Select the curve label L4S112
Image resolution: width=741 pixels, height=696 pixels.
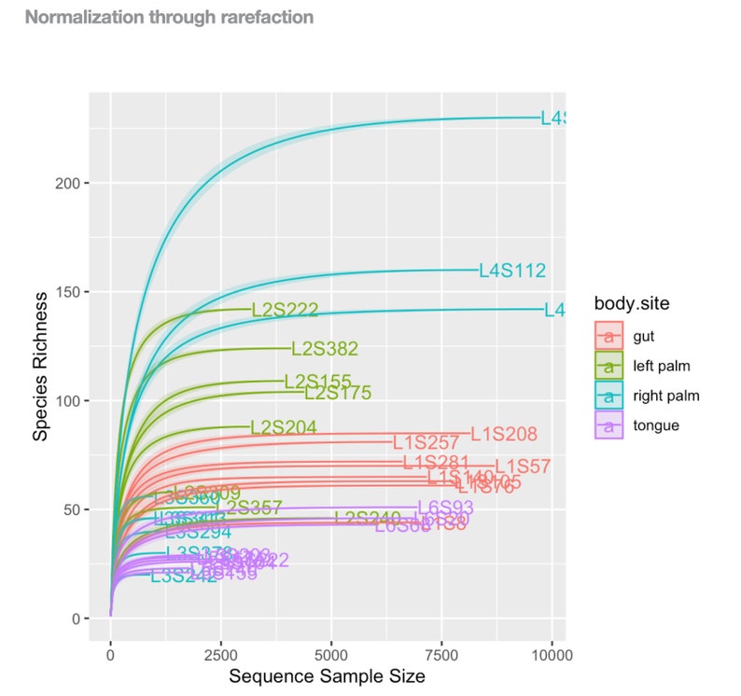(x=511, y=271)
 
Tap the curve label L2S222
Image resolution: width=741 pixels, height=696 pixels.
(x=286, y=310)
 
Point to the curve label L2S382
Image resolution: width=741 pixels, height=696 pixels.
(x=325, y=349)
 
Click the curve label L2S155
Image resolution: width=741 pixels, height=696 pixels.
(x=317, y=382)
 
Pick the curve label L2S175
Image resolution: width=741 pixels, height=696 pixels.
(x=338, y=393)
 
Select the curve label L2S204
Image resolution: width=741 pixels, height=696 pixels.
(x=283, y=427)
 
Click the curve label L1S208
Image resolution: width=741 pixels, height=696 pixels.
(x=504, y=434)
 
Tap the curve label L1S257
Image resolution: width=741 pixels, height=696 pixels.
(x=426, y=442)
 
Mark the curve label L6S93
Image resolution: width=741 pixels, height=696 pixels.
(x=445, y=508)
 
